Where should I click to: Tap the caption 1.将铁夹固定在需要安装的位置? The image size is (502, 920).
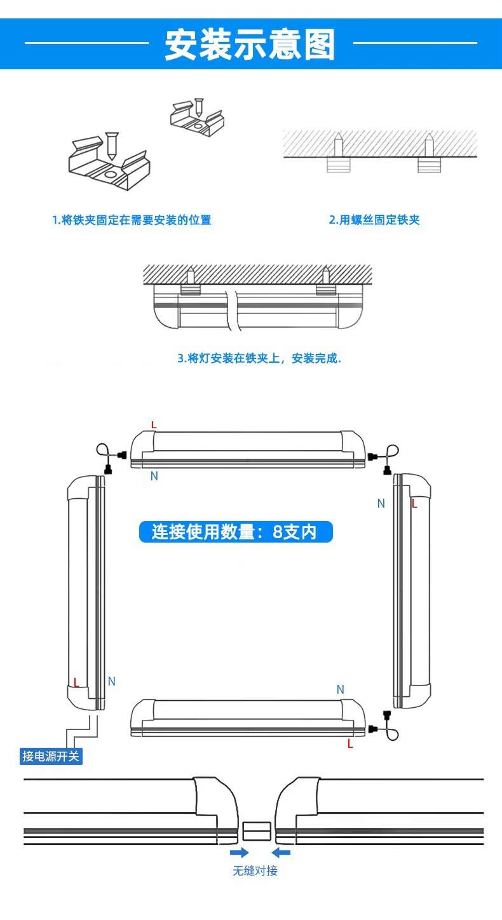132,220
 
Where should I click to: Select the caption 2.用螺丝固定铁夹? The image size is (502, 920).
374,220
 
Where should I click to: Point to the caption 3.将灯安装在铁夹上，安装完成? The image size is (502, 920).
259,358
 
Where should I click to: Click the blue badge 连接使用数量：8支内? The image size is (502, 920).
235,532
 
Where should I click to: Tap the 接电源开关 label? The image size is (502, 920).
51,756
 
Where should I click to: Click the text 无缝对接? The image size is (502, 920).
255,870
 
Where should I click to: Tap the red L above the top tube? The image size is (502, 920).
153,424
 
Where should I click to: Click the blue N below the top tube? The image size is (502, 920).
154,477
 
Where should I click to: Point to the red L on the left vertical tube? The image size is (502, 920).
76,683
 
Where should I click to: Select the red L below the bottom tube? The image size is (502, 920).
350,744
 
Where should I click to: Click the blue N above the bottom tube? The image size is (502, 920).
340,690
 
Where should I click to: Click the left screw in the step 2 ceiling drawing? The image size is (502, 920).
339,145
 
